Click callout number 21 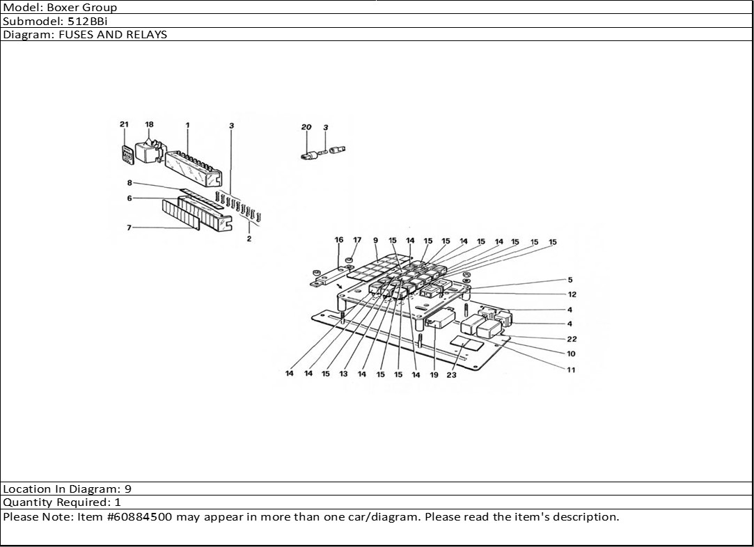point(124,124)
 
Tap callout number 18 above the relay point(149,124)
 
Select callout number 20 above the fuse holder point(306,127)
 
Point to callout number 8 point(129,182)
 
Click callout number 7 point(129,228)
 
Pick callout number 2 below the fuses point(249,239)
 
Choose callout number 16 point(339,239)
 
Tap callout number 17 point(356,240)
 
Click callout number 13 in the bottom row point(343,374)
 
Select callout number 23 point(451,375)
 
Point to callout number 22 point(572,339)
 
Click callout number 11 point(571,370)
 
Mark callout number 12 point(572,294)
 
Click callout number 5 point(570,279)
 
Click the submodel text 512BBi point(88,21)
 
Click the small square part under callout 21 point(127,154)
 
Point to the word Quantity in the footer point(29,502)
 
